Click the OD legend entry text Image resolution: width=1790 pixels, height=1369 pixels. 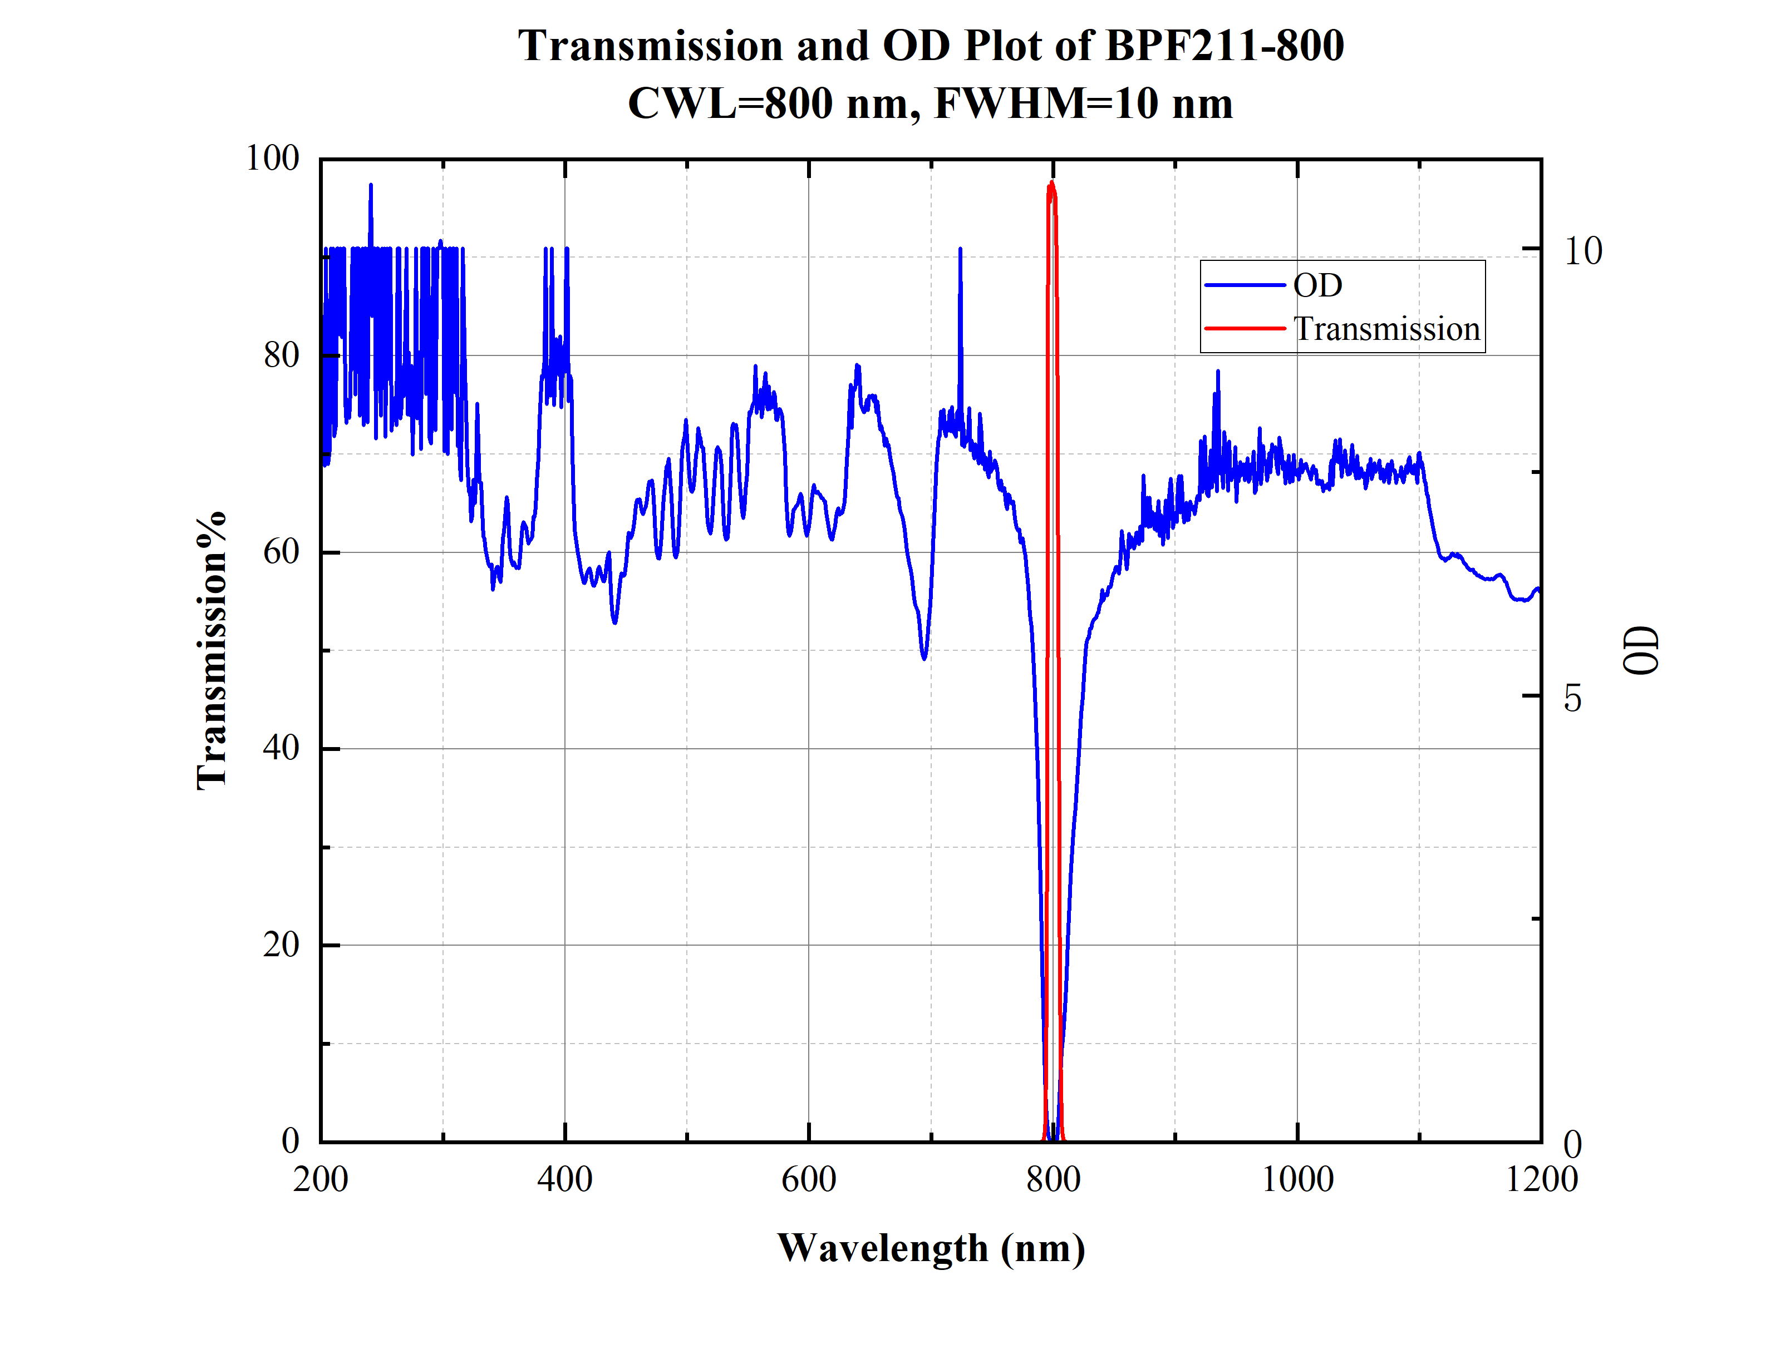[1317, 285]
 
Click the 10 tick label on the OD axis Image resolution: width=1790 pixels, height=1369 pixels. [1582, 250]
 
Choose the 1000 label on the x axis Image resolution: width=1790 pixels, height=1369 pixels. [1297, 1179]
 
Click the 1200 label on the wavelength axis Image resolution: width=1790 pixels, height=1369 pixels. [1541, 1179]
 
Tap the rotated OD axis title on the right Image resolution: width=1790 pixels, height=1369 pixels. [1641, 650]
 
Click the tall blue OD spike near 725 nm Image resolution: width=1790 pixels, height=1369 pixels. [960, 249]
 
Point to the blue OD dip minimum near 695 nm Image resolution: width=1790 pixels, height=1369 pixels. [923, 659]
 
